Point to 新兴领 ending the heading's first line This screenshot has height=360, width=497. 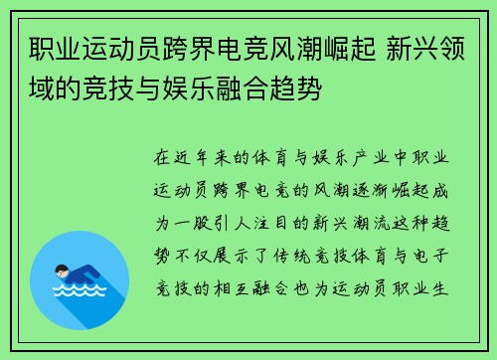(x=429, y=47)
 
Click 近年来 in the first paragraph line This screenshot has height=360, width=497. (x=207, y=157)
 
